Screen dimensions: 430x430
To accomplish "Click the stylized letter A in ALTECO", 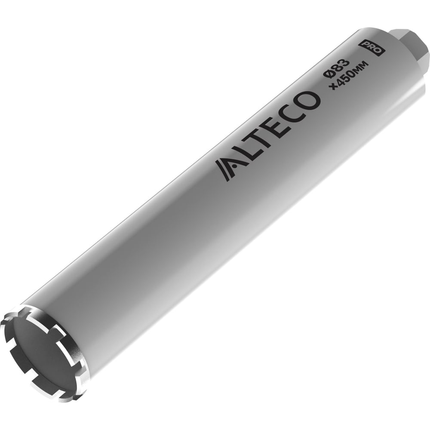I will [x=227, y=169].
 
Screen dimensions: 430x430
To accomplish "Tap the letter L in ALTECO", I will [x=246, y=154].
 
